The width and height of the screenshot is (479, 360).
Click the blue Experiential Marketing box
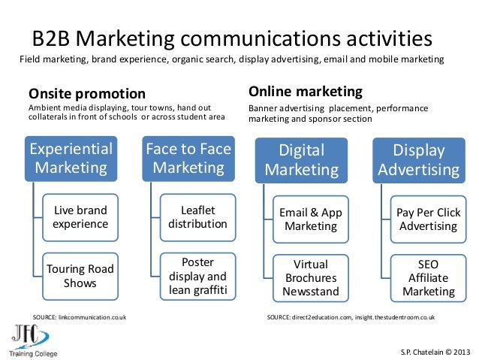coord(71,158)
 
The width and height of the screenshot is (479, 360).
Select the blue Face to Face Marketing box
coord(188,158)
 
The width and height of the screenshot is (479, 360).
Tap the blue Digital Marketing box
coord(300,159)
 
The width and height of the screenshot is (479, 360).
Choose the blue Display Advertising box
coord(418,159)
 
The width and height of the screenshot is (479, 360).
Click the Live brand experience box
coord(80,217)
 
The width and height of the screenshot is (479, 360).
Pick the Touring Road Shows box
coord(80,276)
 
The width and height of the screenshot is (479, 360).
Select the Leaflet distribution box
coord(197,216)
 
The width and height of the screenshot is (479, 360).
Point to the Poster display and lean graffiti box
coord(197,276)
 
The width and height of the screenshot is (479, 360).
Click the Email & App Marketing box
coord(311,219)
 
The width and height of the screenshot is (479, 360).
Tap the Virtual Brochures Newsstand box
coord(311,277)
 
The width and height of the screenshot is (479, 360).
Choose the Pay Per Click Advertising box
coord(427,219)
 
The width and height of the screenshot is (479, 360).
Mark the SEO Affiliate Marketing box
coord(427,277)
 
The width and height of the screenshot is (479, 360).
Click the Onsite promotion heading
coord(87,94)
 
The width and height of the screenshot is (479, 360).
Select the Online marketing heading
coord(306,92)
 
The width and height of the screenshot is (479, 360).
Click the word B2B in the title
coord(54,38)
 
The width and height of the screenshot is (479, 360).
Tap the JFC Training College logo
coord(33,340)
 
